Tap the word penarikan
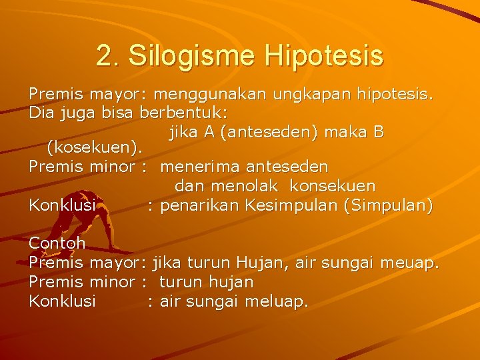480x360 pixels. [x=200, y=205]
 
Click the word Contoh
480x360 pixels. [x=57, y=243]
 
